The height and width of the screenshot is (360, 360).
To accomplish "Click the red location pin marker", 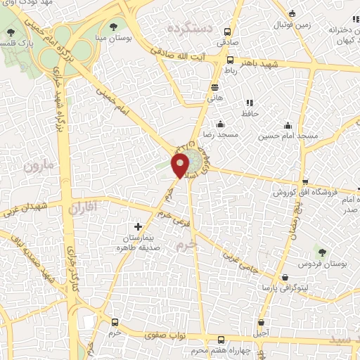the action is coord(181,165).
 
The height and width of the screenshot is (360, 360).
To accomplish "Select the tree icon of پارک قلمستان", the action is coord(10,32).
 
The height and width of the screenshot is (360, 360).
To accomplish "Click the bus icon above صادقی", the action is coord(226,32).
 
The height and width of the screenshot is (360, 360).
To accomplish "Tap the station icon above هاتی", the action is coord(214,87).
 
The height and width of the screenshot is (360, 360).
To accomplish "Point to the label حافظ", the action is coord(250,113).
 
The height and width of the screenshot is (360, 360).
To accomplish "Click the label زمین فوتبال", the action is coord(314,24).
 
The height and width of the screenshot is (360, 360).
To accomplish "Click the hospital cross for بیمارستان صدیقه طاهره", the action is coord(138,227).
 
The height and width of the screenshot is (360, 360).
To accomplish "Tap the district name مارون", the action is coord(37,167).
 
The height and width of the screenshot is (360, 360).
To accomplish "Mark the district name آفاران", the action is coord(81,209).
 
